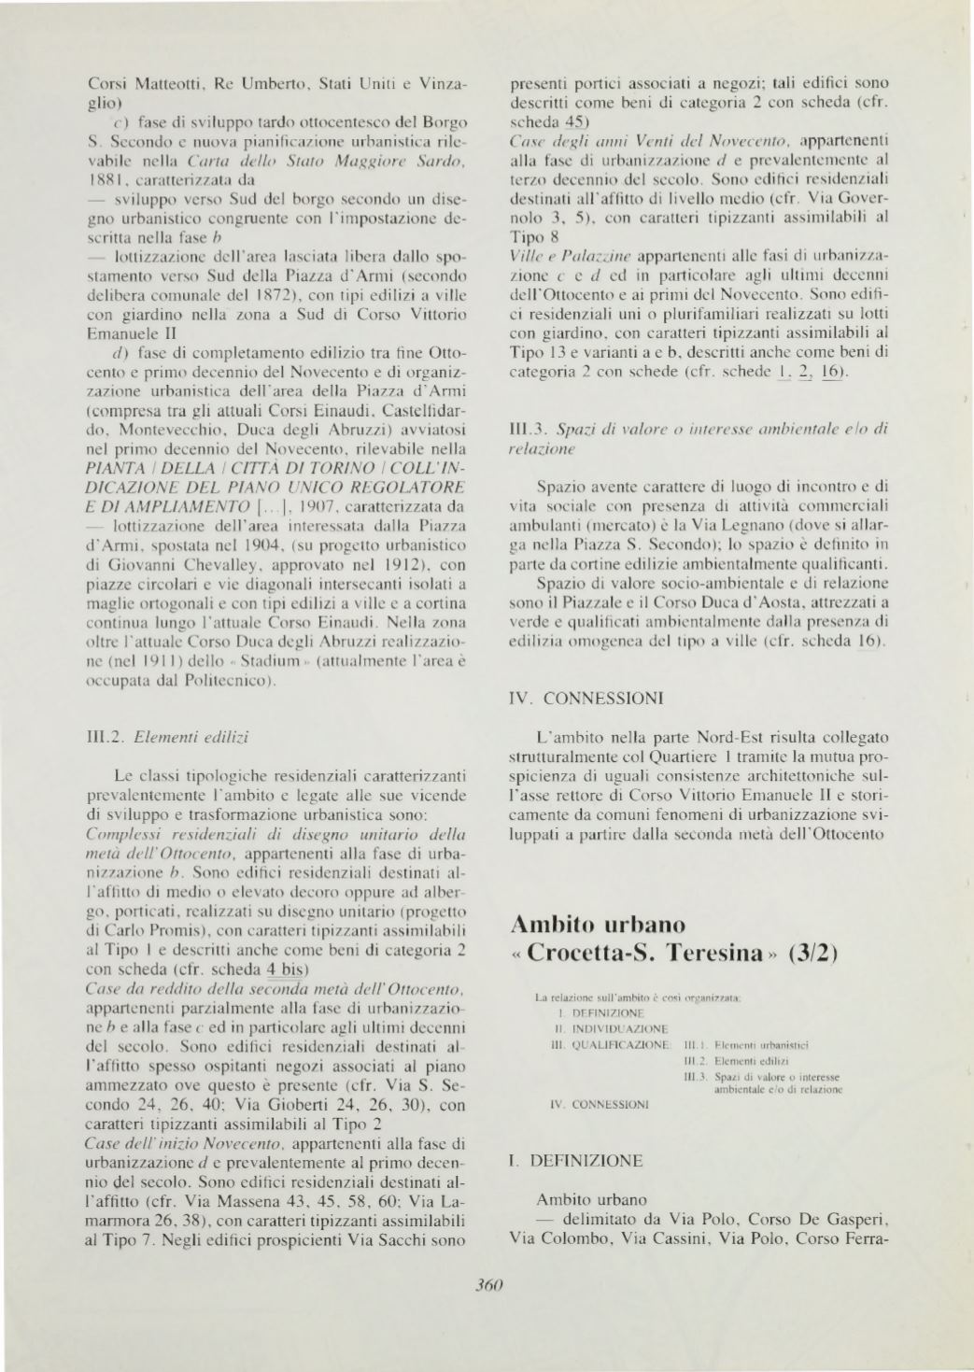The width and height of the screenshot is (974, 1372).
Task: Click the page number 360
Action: pyautogui.click(x=488, y=1284)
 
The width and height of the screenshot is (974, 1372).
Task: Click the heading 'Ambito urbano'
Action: pyautogui.click(x=599, y=925)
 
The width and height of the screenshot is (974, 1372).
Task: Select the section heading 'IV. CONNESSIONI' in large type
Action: pyautogui.click(x=586, y=698)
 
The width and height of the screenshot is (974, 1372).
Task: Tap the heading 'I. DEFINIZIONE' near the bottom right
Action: pyautogui.click(x=576, y=1161)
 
